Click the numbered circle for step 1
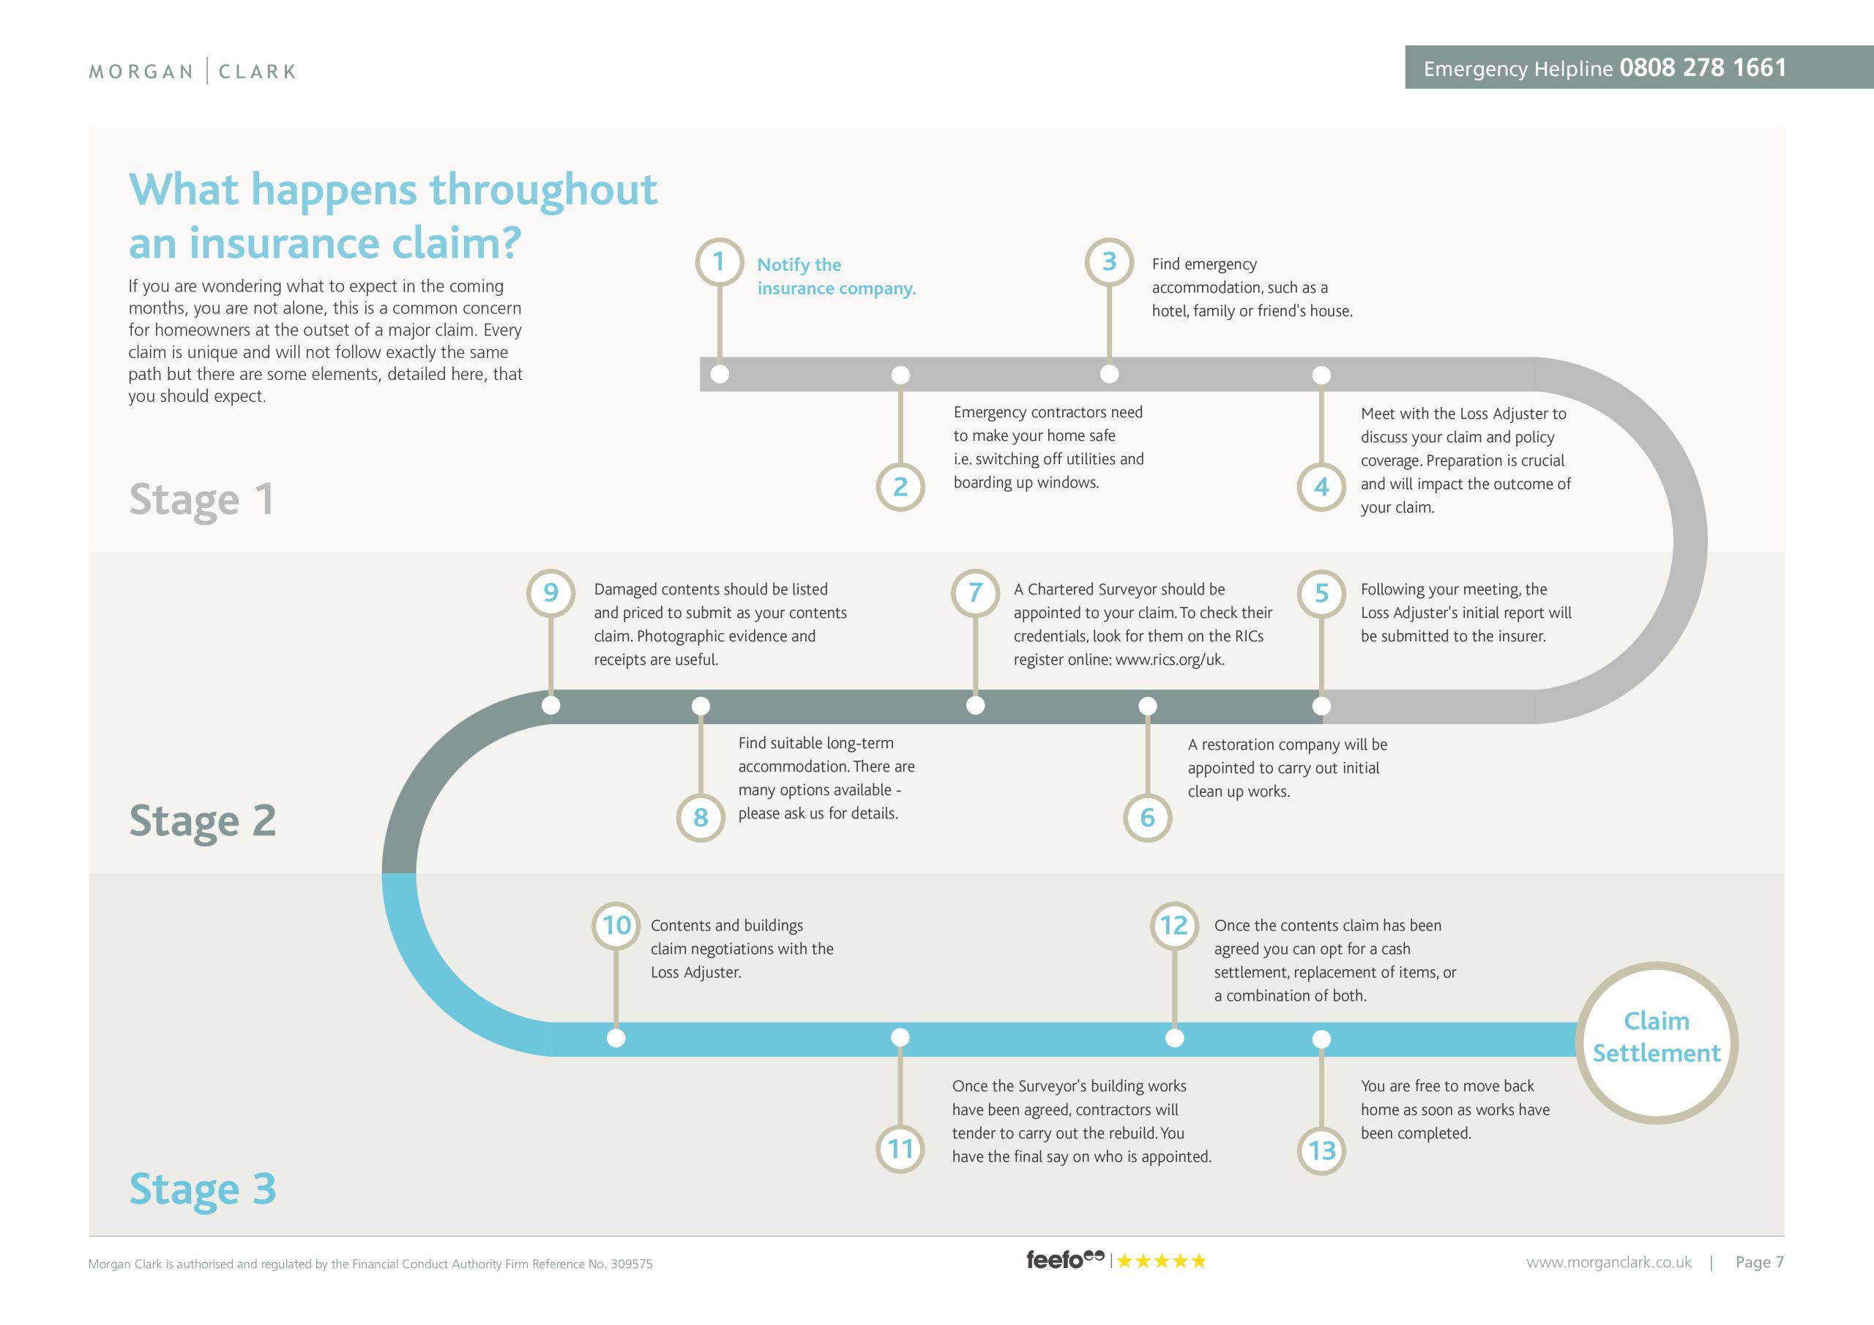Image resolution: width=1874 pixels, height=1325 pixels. (719, 262)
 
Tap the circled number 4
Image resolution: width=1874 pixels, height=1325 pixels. (1321, 488)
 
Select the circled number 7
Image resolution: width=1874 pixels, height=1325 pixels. (975, 593)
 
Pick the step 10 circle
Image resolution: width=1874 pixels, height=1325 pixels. (616, 926)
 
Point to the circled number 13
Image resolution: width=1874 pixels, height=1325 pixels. (1321, 1150)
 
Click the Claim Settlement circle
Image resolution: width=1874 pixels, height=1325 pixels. (1656, 1042)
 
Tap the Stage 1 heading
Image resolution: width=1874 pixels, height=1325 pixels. (201, 500)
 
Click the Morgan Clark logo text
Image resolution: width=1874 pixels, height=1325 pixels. (193, 71)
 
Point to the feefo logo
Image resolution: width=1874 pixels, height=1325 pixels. (1064, 1260)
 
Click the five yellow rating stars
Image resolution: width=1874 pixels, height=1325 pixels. (1161, 1261)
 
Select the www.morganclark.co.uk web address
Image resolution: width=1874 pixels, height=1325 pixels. (1609, 1262)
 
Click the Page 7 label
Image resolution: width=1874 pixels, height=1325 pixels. (1759, 1262)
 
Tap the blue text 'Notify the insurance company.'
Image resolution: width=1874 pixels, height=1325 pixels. (837, 276)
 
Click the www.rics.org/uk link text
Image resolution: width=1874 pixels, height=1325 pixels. (1170, 660)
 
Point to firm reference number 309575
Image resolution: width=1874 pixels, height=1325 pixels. (632, 1264)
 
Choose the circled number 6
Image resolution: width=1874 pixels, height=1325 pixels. (1148, 817)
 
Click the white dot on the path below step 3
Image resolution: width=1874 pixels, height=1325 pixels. (1109, 374)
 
